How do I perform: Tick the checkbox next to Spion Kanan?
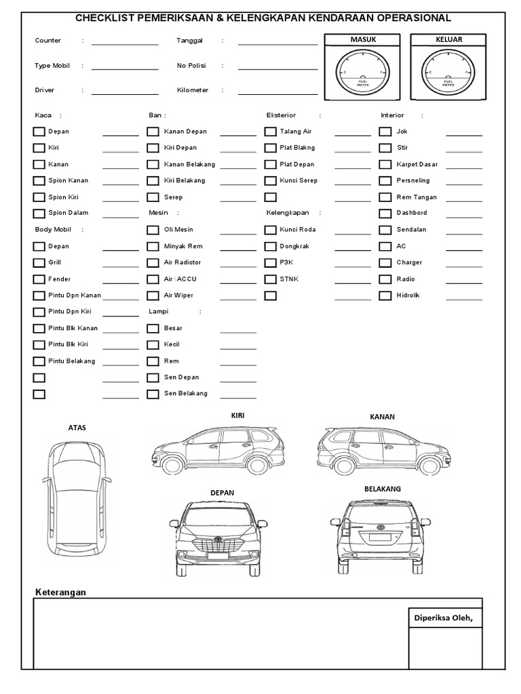point(39,181)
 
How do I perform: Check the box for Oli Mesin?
point(153,230)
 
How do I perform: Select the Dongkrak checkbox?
point(270,247)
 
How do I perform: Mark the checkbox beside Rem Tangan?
point(385,197)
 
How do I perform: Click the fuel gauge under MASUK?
point(362,73)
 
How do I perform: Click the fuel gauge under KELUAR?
point(448,73)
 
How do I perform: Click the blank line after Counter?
point(125,43)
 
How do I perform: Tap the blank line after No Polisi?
point(277,68)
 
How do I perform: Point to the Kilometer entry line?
point(277,93)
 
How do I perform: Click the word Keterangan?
point(60,592)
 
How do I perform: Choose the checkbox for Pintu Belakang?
point(39,361)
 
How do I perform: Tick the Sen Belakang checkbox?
point(153,394)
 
